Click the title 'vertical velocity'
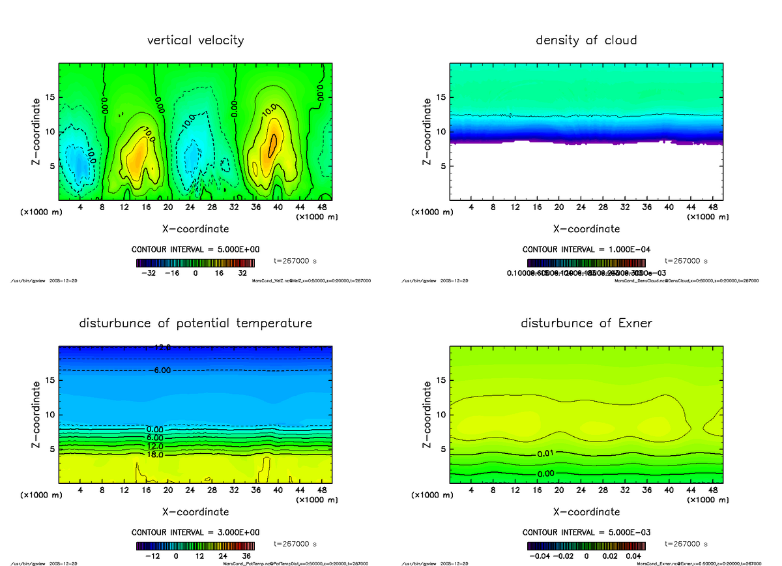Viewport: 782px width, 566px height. [x=195, y=40]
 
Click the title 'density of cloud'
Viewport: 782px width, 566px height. [x=586, y=40]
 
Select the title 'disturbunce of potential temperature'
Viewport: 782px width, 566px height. [x=195, y=323]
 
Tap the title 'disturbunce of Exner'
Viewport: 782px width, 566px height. [x=586, y=323]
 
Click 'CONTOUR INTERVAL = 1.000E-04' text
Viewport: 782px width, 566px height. [x=586, y=250]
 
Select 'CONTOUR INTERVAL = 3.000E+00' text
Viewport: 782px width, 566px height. [x=195, y=532]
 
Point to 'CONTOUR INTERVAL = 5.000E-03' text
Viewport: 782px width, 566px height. [x=586, y=532]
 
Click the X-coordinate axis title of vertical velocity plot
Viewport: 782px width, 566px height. [x=195, y=229]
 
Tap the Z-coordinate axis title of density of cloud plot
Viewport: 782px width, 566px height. [x=427, y=131]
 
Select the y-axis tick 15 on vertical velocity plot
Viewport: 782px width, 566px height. [x=50, y=98]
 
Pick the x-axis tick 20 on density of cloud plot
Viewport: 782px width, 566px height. [x=558, y=207]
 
